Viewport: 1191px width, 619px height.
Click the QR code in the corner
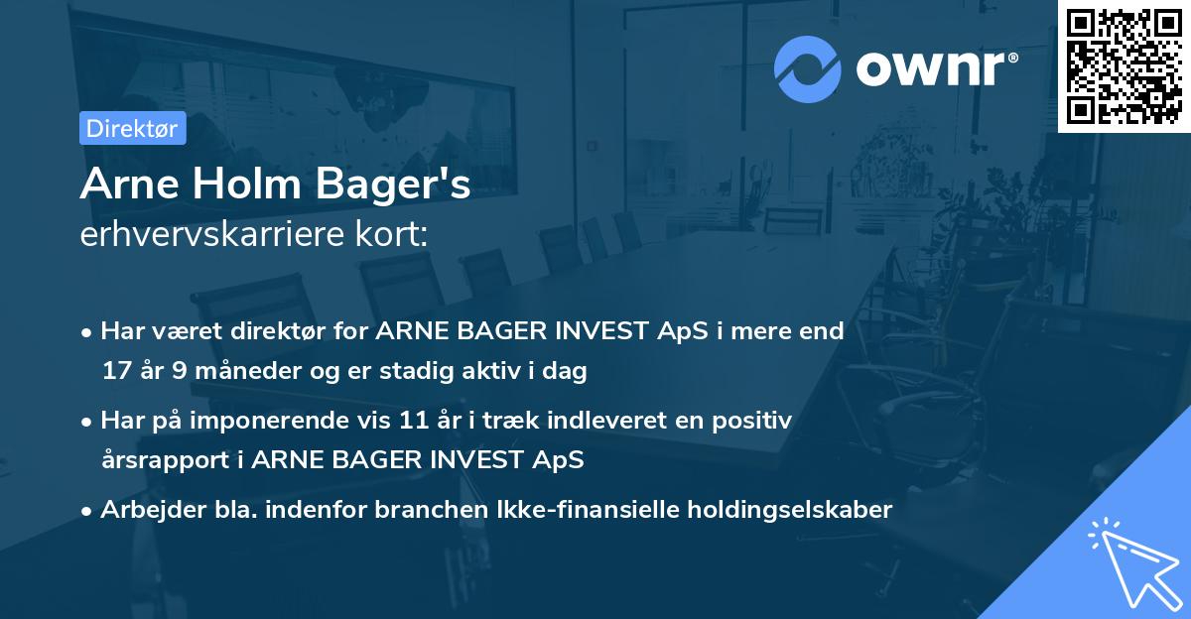point(1125,65)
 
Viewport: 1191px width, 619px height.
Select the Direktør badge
point(132,128)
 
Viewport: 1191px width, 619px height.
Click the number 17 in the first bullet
point(116,372)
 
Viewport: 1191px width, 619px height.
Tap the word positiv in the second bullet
point(754,421)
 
